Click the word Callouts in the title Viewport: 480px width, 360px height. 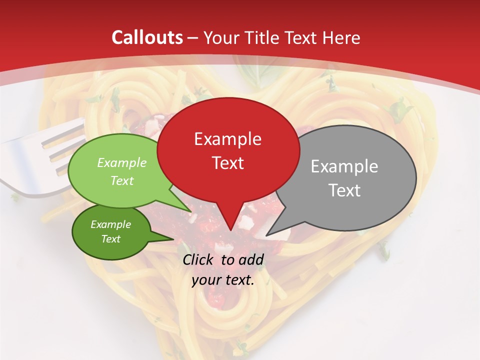click(x=147, y=37)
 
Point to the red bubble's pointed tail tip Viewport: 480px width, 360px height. click(x=230, y=230)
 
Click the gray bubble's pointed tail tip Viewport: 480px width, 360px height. click(x=266, y=235)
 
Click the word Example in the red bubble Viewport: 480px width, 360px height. click(x=227, y=139)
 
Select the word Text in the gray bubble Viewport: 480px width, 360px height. click(x=344, y=190)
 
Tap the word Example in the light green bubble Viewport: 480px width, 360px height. click(x=122, y=162)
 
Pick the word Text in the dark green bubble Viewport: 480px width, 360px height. click(x=110, y=239)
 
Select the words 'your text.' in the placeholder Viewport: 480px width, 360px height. click(x=223, y=280)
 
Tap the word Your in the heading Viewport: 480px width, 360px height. click(x=219, y=37)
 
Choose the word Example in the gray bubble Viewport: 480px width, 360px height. click(x=344, y=166)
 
